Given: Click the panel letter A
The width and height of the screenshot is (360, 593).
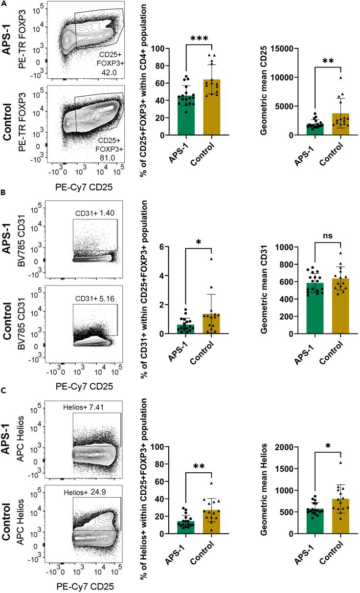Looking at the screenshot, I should pos(4,3).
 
